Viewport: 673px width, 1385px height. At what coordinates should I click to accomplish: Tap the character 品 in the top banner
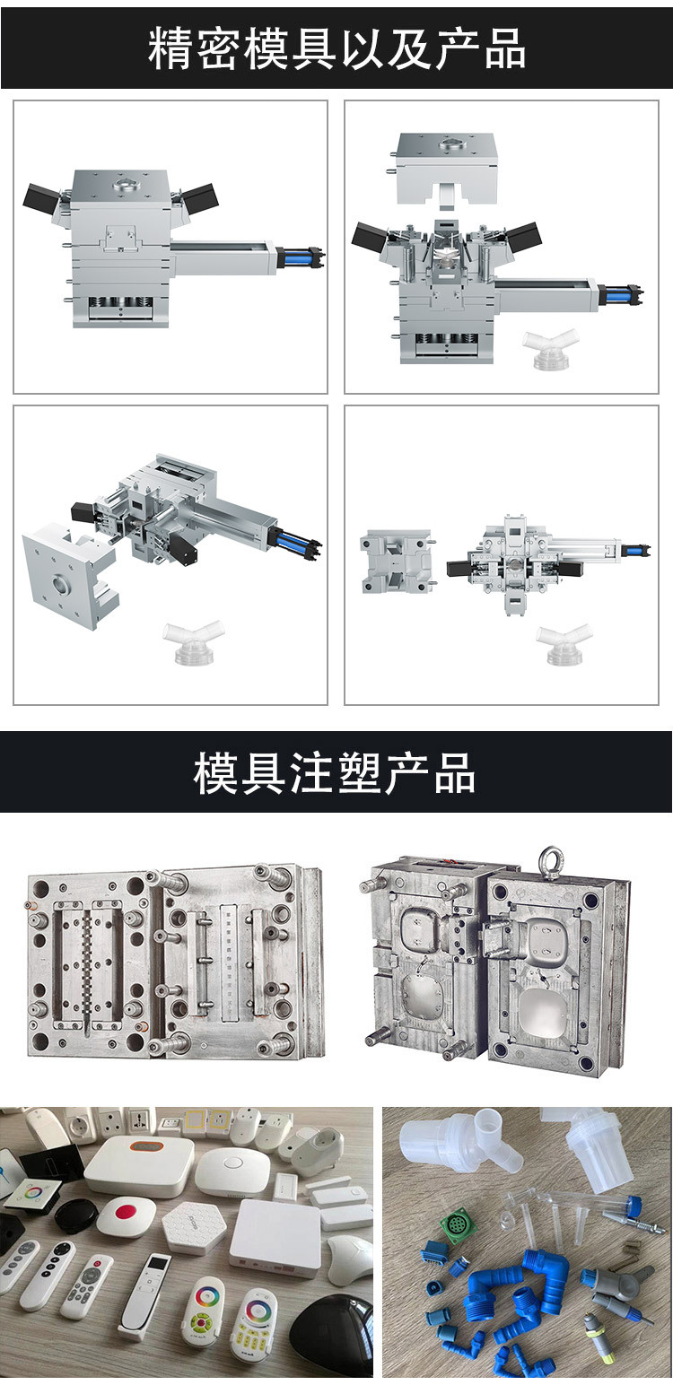pyautogui.click(x=504, y=48)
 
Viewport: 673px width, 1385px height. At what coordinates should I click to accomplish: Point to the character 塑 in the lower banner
pyautogui.click(x=358, y=773)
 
